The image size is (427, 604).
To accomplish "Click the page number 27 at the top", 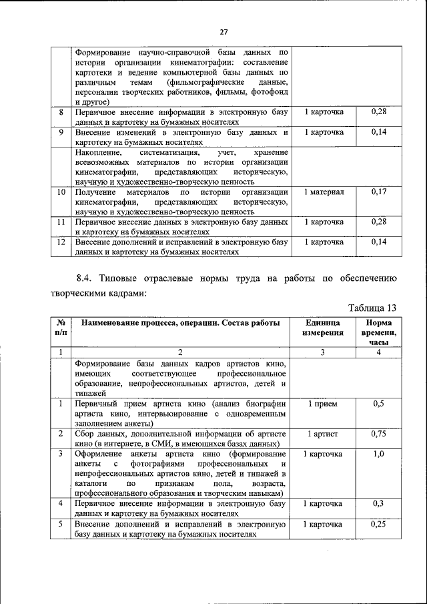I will [224, 30].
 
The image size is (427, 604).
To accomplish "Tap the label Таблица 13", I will [373, 307].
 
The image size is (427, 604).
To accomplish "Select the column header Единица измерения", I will [322, 328].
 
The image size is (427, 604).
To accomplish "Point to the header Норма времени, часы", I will [378, 332].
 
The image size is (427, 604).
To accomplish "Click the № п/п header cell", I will [61, 328].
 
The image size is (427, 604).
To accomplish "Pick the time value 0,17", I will [378, 192].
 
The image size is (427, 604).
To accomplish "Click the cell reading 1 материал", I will [322, 192].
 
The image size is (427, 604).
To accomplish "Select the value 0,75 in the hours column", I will [378, 434].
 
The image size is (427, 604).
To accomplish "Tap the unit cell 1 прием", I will [322, 404].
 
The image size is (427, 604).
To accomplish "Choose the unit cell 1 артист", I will [322, 434].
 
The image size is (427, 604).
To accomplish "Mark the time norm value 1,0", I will [378, 454].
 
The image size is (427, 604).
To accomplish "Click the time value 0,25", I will [378, 525].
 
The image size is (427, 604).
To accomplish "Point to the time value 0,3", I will [378, 504].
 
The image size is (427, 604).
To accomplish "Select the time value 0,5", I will [378, 404].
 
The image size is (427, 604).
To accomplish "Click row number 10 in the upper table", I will [61, 192].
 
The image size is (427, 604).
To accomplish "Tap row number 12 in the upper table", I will [61, 242].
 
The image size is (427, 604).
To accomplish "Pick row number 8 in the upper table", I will [61, 111].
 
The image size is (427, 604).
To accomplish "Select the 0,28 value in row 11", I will [378, 221].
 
